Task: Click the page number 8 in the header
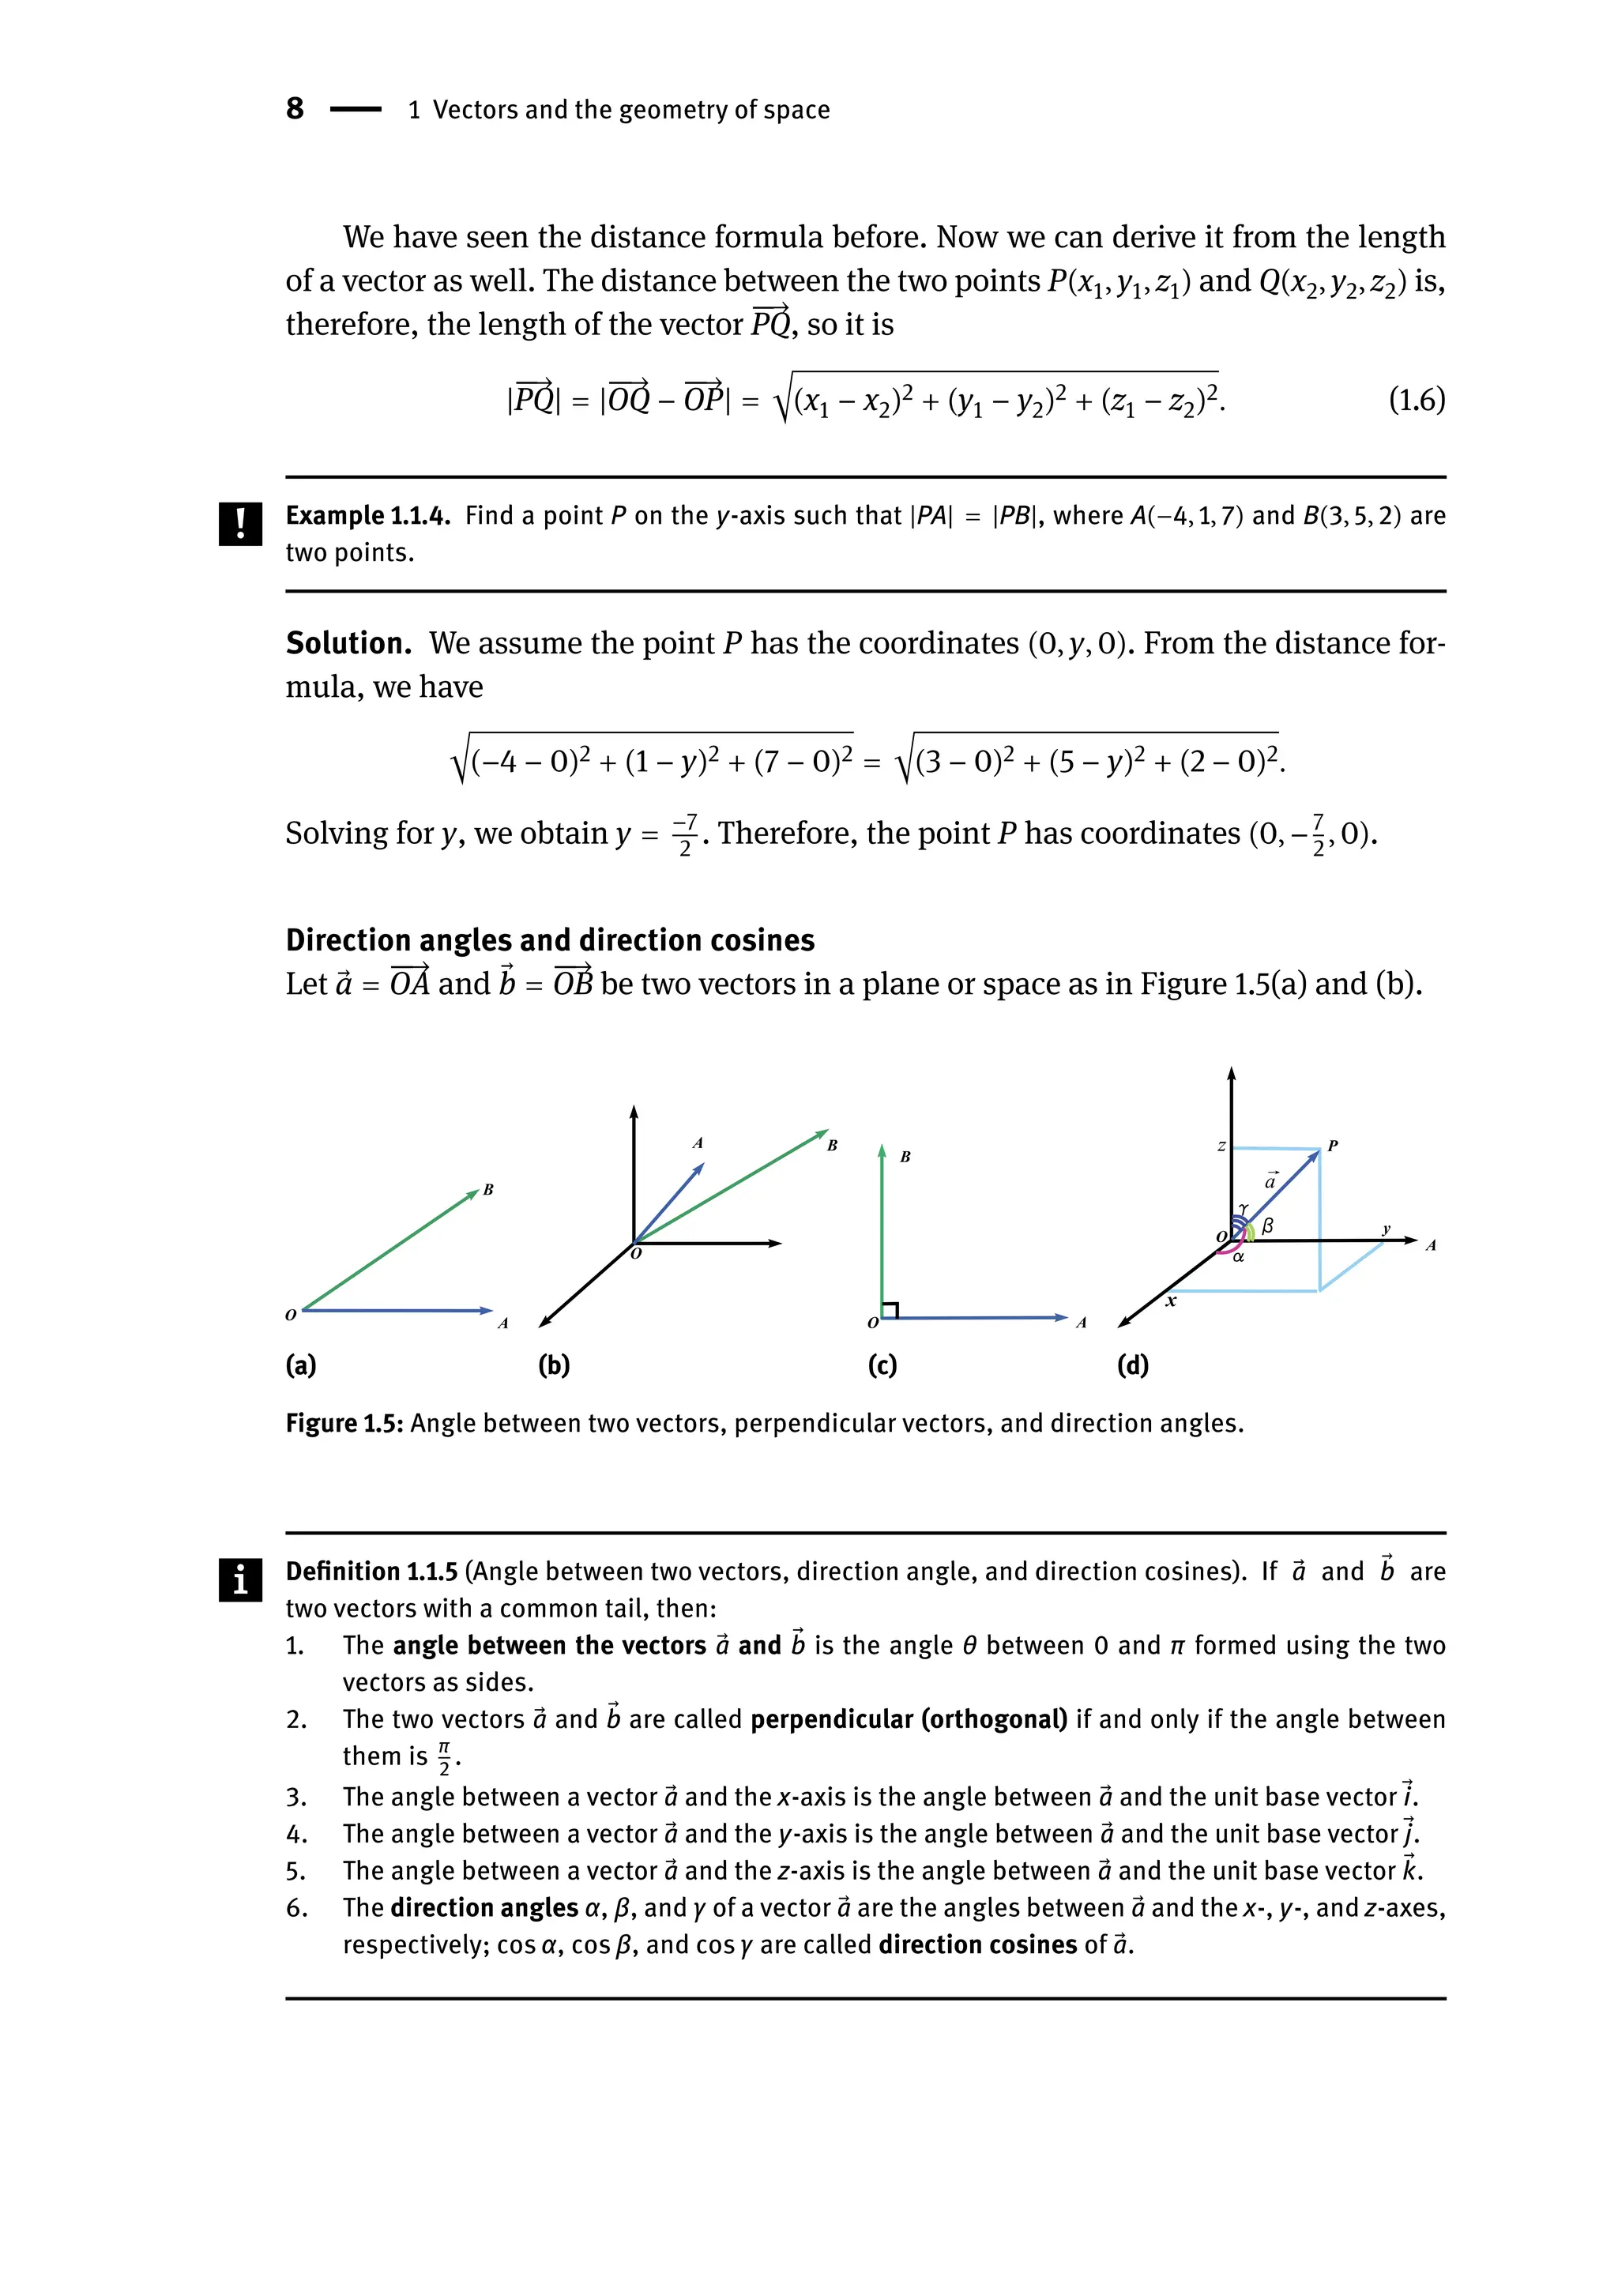point(295,107)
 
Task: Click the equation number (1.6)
point(1416,400)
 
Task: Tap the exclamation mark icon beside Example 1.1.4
point(240,523)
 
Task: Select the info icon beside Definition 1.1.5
point(240,1579)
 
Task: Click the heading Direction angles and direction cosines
point(550,939)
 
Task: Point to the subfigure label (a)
point(301,1365)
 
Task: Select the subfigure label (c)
point(882,1365)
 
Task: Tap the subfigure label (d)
point(1133,1365)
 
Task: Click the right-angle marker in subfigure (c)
point(890,1309)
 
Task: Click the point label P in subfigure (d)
point(1332,1146)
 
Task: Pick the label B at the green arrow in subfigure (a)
point(488,1189)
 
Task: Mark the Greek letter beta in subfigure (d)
point(1267,1225)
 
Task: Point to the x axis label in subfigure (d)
point(1171,1301)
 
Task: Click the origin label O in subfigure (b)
point(637,1254)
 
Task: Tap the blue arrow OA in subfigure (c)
point(976,1317)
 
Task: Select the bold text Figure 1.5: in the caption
point(344,1423)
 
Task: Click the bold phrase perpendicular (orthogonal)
point(909,1719)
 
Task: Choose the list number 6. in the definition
point(296,1907)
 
